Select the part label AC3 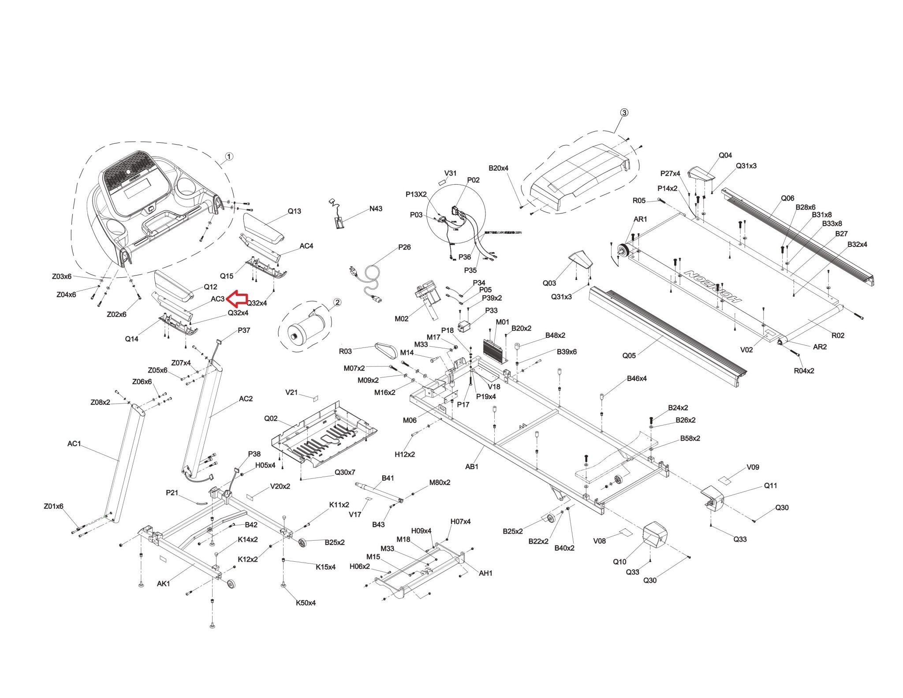217,299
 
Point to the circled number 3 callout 624,112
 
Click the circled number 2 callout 337,302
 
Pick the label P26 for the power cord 404,247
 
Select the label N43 376,209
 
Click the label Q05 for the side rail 629,355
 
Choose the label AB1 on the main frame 472,466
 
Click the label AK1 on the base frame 163,583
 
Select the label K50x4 306,602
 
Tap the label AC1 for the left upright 74,444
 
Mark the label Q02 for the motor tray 271,418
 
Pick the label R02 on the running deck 838,335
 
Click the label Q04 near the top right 725,155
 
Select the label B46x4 637,378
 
